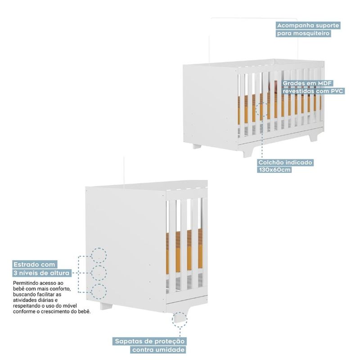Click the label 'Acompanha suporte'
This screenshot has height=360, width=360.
click(308, 25)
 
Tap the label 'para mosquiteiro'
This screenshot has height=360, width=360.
click(304, 33)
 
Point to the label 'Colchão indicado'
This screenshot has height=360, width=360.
click(285, 162)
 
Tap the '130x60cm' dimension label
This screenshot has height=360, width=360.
click(275, 170)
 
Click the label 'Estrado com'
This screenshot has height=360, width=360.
click(34, 265)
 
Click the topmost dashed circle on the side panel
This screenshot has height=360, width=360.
click(99, 255)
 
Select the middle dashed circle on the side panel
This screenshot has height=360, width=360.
click(99, 273)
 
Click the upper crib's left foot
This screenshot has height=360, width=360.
click(197, 146)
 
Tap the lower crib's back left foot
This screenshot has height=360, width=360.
click(106, 306)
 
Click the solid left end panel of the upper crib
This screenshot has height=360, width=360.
click(210, 103)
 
